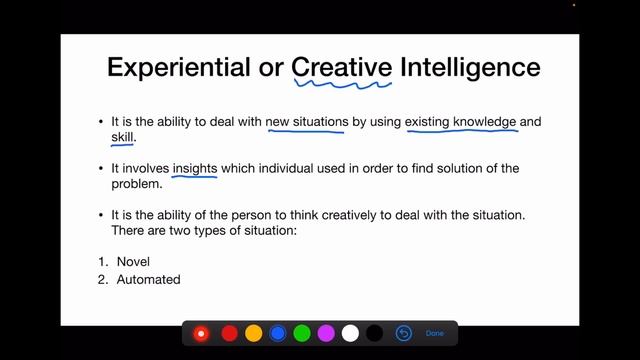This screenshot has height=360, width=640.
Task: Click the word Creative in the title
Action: click(341, 67)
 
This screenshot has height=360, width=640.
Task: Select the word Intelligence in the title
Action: click(470, 67)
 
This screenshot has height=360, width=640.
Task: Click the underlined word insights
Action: click(195, 169)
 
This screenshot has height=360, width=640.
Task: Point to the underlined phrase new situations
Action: click(307, 123)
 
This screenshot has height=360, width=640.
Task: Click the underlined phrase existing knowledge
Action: click(460, 123)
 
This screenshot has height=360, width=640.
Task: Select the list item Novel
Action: click(133, 262)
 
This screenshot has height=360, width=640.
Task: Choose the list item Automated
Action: click(148, 280)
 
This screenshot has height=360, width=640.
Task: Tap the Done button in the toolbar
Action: click(434, 333)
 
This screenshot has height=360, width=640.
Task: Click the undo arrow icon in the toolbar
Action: click(404, 333)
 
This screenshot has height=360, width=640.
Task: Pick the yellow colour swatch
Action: click(254, 333)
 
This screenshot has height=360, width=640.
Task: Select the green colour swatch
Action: click(302, 333)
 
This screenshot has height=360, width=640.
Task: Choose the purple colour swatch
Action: click(326, 333)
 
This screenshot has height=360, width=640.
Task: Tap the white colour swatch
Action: click(350, 333)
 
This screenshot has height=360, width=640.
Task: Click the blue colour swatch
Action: click(278, 333)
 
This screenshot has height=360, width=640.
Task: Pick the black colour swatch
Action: click(374, 333)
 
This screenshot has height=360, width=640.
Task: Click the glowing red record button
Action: click(201, 333)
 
